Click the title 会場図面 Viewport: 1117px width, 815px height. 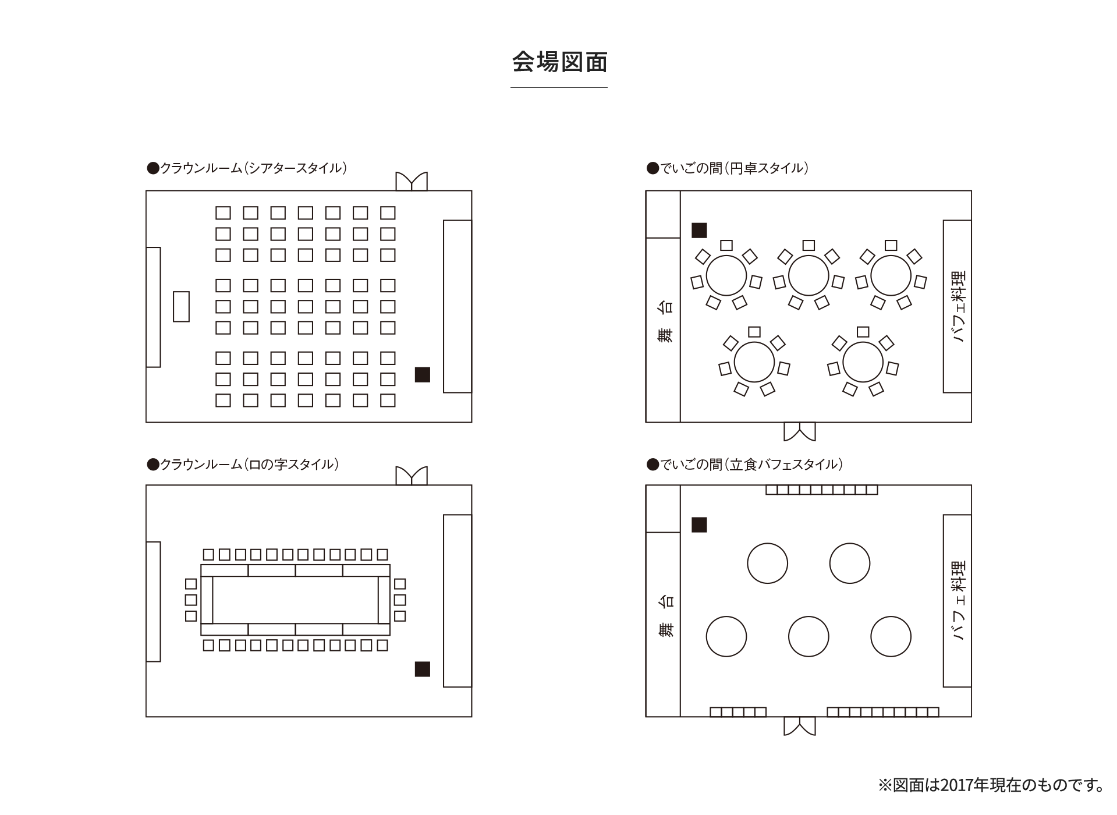coord(559,62)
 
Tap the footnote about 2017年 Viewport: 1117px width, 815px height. coord(991,785)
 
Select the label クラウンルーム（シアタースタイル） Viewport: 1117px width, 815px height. coord(247,169)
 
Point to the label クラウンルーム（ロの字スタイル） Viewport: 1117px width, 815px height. coord(243,465)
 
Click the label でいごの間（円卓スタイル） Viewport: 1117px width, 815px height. coord(728,169)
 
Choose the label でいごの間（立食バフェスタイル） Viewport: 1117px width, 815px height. coord(745,465)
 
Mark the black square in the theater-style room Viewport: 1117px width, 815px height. coord(422,375)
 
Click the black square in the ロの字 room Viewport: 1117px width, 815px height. coord(422,669)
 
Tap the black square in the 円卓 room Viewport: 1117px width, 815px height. coord(699,231)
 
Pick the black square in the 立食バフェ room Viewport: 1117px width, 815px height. coord(699,525)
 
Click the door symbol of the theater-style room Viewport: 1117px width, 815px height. coord(412,182)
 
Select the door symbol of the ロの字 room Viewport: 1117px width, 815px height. coord(412,476)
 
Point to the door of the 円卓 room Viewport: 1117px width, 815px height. coord(799,431)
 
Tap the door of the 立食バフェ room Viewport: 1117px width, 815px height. coord(799,726)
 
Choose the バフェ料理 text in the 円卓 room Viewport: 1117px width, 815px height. coord(958,306)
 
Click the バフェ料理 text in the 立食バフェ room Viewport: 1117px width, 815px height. coord(958,601)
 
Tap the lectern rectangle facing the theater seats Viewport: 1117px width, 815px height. coord(181,306)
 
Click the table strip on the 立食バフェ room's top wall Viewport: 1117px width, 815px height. coord(821,490)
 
